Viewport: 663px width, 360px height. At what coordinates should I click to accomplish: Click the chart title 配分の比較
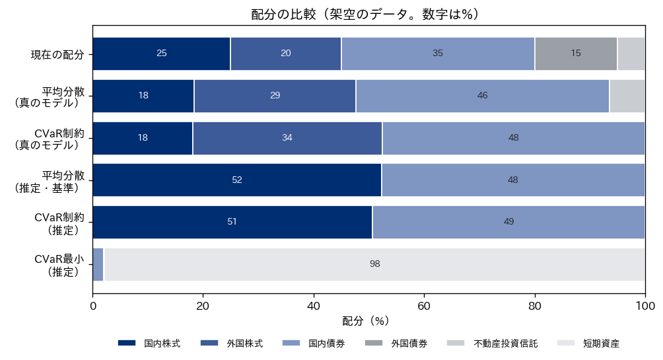(x=283, y=15)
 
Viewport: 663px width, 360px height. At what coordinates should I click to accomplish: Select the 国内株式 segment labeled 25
(x=162, y=54)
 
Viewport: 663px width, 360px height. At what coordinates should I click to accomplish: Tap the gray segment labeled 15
(x=576, y=54)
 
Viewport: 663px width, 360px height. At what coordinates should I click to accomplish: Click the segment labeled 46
(x=483, y=96)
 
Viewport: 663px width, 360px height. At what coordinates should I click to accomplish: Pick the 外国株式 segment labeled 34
(x=287, y=138)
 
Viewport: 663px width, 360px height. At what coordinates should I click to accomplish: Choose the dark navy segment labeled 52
(x=237, y=180)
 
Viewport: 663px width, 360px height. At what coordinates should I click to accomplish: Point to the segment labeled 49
(x=508, y=222)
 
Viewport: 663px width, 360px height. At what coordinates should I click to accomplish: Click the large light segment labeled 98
(x=374, y=264)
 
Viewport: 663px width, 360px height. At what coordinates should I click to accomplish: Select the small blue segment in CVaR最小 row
(x=98, y=264)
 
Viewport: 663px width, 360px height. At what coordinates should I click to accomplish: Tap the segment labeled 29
(x=275, y=96)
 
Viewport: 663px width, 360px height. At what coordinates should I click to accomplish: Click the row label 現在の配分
(x=57, y=55)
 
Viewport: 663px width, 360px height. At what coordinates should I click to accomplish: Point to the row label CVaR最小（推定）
(x=60, y=266)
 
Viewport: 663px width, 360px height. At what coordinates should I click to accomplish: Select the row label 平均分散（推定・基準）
(x=50, y=182)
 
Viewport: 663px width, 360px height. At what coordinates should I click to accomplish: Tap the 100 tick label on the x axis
(x=645, y=305)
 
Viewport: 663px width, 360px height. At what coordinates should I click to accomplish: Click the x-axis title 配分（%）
(x=365, y=321)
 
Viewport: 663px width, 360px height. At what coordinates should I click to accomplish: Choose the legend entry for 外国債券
(x=396, y=343)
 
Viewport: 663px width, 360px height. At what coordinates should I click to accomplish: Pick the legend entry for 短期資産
(x=588, y=343)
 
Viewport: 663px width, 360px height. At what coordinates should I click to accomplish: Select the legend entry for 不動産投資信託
(x=492, y=343)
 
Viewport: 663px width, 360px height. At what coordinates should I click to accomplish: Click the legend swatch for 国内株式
(x=127, y=343)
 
